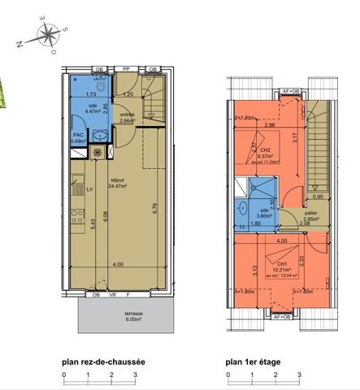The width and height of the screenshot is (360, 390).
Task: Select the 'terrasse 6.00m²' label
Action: [x=111, y=316]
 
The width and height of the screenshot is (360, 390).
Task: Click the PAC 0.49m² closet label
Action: [x=79, y=138]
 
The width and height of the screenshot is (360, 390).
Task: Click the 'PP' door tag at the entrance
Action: [x=126, y=70]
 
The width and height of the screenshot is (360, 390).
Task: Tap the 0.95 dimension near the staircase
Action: [x=318, y=197]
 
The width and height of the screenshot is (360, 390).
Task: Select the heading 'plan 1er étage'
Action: [x=254, y=366]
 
